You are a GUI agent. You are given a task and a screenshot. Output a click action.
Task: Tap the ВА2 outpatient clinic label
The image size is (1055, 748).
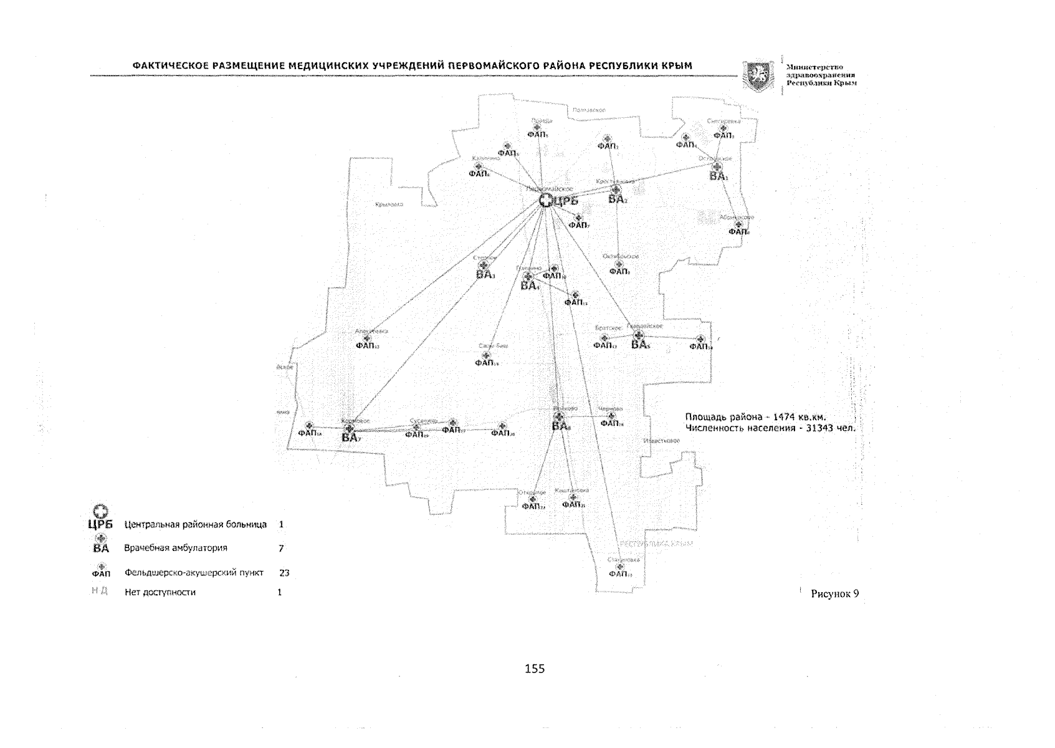point(618,199)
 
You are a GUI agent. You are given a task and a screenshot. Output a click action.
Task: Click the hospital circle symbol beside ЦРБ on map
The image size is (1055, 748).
point(545,200)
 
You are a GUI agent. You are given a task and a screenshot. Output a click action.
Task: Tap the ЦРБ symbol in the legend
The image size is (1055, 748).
point(101,517)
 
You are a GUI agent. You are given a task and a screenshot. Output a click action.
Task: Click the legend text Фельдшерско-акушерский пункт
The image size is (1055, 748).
point(194,572)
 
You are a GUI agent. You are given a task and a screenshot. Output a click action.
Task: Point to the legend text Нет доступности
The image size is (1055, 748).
point(160,592)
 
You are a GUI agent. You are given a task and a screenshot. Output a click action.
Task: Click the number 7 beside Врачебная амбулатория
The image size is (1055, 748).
point(282,548)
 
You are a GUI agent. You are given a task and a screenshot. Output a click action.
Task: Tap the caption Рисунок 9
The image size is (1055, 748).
point(834,594)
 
